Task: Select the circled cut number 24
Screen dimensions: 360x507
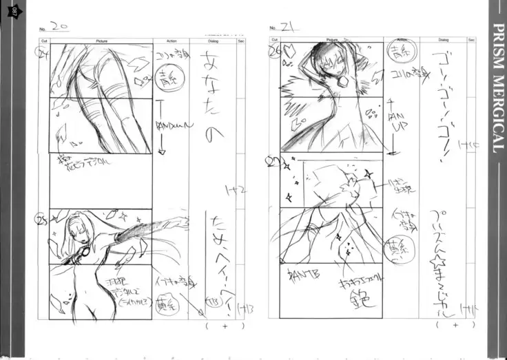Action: coord(44,52)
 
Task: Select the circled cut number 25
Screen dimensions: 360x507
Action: coord(43,220)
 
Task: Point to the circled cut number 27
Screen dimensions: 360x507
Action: coord(273,161)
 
